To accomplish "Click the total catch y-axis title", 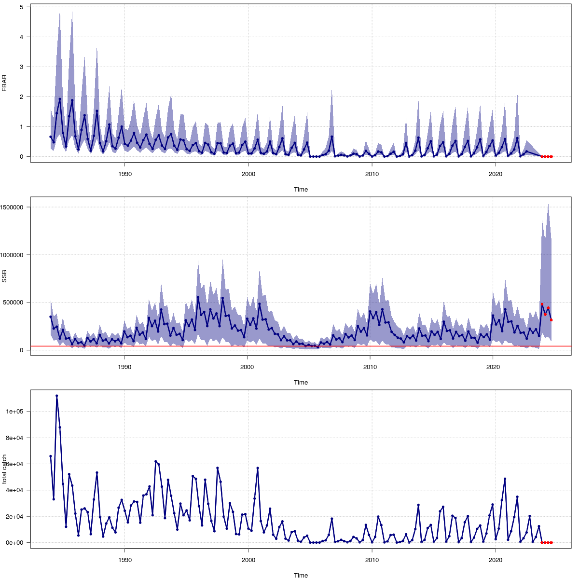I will (x=4, y=469).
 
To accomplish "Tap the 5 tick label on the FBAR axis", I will (x=22, y=7).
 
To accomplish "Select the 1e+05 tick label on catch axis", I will (x=17, y=412).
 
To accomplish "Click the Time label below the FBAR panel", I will (x=301, y=190).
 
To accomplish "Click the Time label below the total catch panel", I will (x=301, y=575).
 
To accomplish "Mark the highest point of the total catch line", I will (x=56, y=396).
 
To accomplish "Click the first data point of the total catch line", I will (x=50, y=456).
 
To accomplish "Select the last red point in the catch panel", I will (x=551, y=543).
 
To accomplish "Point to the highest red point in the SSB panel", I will (x=542, y=304).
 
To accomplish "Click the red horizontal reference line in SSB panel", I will (x=289, y=346).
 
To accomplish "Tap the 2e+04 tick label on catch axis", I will (x=17, y=516).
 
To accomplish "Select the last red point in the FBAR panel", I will (x=551, y=157).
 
